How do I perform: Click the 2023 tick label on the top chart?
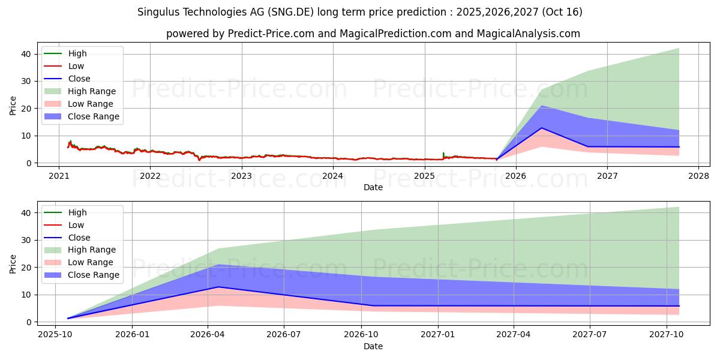(x=241, y=176)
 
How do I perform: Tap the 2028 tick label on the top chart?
(x=698, y=176)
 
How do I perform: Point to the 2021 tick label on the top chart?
(x=59, y=176)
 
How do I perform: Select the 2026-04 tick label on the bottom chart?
(x=208, y=335)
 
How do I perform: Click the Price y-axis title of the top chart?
(x=13, y=106)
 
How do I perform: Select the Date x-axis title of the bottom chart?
(x=373, y=346)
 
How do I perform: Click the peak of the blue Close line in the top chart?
(x=541, y=128)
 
